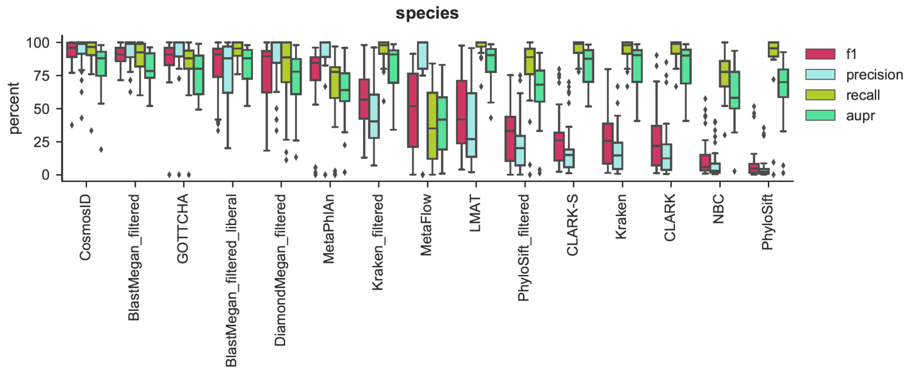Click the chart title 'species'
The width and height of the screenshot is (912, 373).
(x=427, y=14)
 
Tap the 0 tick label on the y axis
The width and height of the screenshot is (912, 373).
(x=50, y=175)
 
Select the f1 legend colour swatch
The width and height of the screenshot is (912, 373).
(x=820, y=54)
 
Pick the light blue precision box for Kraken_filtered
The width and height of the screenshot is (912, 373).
(x=374, y=116)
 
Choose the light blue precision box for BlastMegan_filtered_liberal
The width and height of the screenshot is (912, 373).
(x=228, y=75)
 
